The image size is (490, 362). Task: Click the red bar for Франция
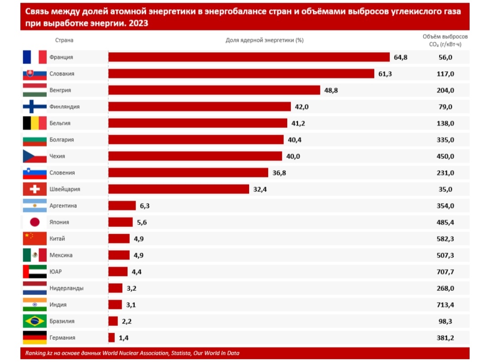[x=249, y=57]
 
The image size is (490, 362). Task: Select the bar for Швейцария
[x=178, y=189]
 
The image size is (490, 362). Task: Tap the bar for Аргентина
[x=122, y=205]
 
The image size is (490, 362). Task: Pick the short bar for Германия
[x=111, y=338]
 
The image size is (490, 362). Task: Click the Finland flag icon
[x=34, y=107]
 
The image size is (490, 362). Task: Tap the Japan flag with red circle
[x=34, y=222]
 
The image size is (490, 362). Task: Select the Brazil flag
[x=34, y=321]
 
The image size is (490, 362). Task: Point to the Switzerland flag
[x=34, y=189]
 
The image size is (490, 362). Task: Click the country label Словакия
[x=62, y=74]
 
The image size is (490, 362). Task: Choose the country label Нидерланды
[x=66, y=288]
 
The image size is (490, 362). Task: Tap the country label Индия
[x=59, y=305]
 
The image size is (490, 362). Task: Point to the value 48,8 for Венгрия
[x=331, y=90]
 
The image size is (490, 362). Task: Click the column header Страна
[x=64, y=40]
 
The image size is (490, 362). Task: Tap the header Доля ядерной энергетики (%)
[x=265, y=40]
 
